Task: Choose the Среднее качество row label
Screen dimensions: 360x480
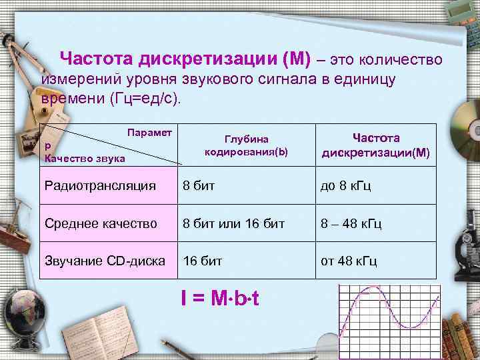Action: (100, 223)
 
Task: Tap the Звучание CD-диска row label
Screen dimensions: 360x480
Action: (104, 260)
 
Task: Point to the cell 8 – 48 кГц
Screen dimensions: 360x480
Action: (351, 223)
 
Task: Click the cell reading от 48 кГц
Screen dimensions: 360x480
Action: (349, 260)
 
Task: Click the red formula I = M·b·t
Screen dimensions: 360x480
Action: (219, 298)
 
